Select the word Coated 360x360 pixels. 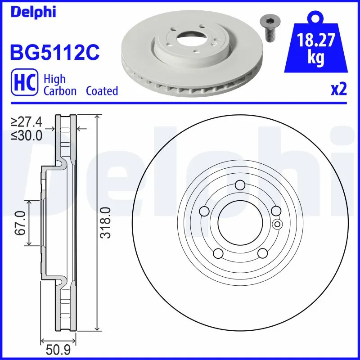coord(102,90)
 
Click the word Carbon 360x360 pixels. coord(59,90)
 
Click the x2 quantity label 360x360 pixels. coord(338,90)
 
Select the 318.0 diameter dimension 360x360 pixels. coord(104,222)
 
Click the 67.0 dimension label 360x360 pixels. coord(19,224)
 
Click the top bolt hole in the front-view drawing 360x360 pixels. coord(240,185)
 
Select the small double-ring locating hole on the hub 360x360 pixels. coord(277,224)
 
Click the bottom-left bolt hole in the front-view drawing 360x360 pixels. coord(218,254)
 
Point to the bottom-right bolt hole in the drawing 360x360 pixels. coord(262,254)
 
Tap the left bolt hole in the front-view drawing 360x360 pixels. coord(204,211)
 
